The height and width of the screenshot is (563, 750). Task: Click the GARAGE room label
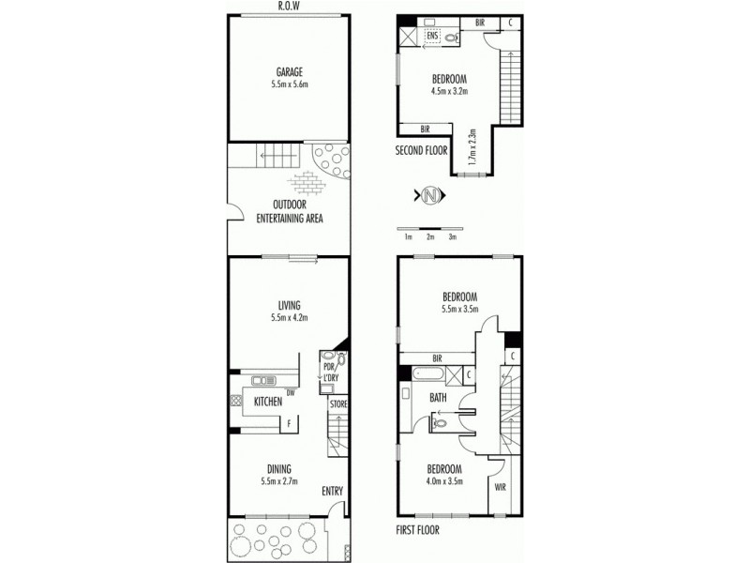point(289,71)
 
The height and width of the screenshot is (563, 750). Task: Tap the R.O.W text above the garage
point(289,7)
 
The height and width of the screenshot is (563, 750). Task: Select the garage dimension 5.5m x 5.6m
point(289,84)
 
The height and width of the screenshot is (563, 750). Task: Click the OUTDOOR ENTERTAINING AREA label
point(292,211)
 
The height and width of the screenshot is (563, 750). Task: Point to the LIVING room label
point(289,303)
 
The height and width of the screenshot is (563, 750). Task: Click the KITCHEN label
point(268,402)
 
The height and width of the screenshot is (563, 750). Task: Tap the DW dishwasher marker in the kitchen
point(292,392)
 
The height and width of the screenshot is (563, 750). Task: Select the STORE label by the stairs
point(338,403)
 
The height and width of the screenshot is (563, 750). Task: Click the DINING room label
point(278,468)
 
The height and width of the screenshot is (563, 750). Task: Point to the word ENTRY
point(333,491)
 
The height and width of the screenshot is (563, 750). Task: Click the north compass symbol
point(430,196)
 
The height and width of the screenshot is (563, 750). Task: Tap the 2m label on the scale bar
point(430,237)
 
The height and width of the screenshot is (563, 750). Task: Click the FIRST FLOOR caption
point(417,529)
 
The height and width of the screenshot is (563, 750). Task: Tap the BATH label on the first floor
point(438,398)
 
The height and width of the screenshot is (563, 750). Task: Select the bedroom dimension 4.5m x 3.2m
point(449,91)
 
